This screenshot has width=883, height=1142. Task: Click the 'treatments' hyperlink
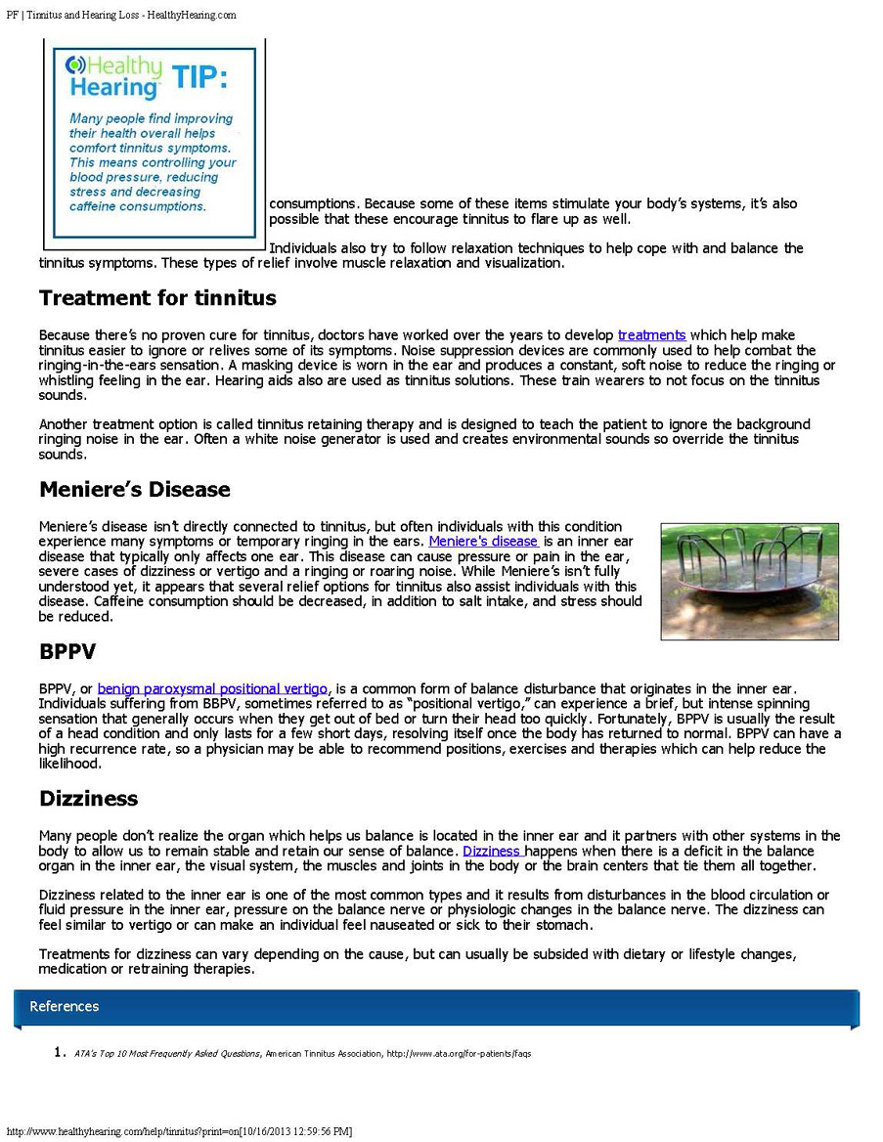651,335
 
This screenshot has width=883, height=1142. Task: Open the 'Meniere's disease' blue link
483,541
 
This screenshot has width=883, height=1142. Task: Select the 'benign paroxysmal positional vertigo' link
212,688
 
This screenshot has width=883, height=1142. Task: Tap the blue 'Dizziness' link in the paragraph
492,851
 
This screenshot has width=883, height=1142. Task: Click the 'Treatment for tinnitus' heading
157,297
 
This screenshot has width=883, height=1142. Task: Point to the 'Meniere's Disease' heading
135,489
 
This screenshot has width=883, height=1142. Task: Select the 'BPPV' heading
67,651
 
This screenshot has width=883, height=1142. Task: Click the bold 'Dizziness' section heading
88,798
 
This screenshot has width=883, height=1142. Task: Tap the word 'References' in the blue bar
65,1006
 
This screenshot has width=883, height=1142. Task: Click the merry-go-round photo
749,581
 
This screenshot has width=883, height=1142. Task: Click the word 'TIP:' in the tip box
199,77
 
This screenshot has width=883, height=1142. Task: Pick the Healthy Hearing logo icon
75,66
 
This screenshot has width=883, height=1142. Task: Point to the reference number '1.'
59,1053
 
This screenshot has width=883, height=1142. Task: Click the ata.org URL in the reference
460,1054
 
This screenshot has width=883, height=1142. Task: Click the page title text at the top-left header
121,16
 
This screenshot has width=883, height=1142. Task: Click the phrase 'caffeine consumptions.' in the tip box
138,206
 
